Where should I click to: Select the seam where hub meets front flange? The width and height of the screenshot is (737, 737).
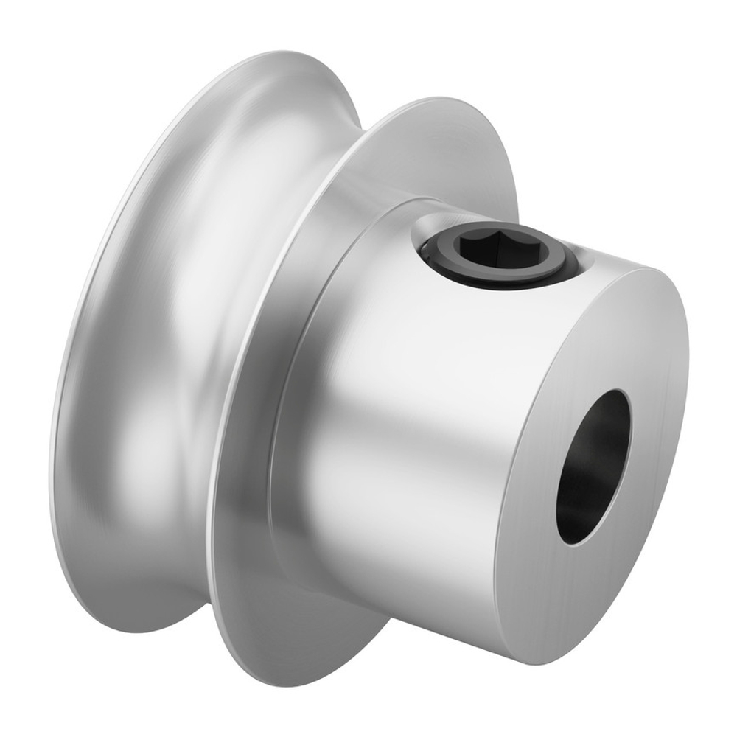[295, 413]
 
